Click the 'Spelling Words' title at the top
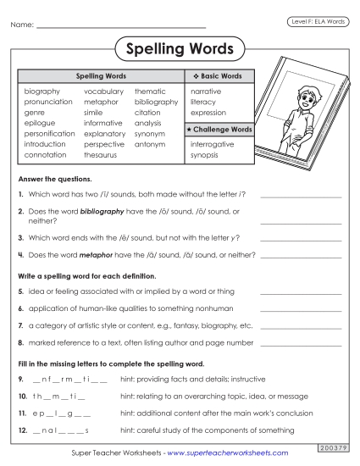(x=180, y=49)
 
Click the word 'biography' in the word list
(x=42, y=91)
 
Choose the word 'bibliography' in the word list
(x=156, y=102)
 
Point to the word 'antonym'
(x=149, y=144)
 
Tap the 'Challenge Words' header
(x=218, y=130)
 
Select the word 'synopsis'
(x=205, y=155)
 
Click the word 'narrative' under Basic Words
(x=206, y=91)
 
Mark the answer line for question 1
(x=301, y=196)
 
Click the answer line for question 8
(x=301, y=344)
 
